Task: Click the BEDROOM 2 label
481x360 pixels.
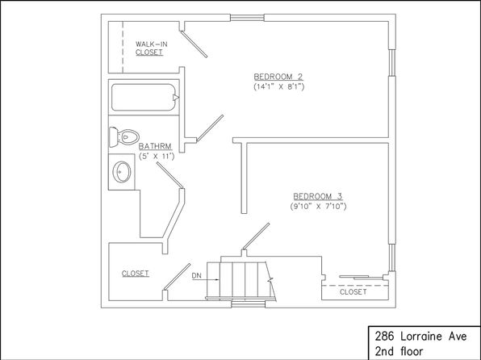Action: click(278, 77)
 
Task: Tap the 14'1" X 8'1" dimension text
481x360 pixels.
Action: click(279, 87)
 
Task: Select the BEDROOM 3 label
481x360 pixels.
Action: click(318, 196)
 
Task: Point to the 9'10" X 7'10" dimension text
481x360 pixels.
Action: click(319, 207)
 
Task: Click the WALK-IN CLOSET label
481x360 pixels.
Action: click(151, 48)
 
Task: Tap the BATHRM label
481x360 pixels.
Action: click(155, 146)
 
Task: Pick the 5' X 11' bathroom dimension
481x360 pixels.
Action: click(157, 157)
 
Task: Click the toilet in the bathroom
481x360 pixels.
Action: click(124, 137)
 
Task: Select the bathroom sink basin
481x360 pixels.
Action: click(122, 172)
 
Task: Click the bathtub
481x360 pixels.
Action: click(144, 98)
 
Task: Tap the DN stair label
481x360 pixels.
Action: click(197, 275)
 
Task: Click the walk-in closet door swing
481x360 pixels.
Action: click(194, 44)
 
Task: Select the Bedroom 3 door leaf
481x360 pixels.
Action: click(256, 237)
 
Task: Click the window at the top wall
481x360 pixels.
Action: click(247, 18)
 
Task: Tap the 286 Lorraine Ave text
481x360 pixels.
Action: click(421, 337)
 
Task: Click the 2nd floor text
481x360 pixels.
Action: click(399, 351)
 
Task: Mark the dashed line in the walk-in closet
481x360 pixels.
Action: click(123, 48)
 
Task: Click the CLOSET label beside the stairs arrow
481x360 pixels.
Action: click(136, 274)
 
